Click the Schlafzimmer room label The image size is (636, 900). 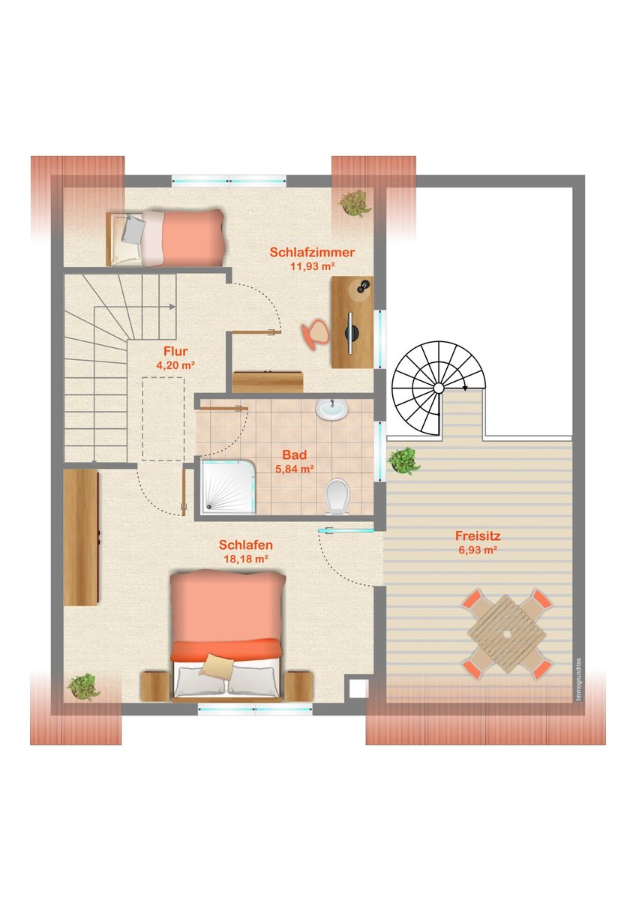pyautogui.click(x=312, y=252)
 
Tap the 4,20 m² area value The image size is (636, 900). pyautogui.click(x=175, y=365)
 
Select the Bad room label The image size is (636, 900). pyautogui.click(x=295, y=454)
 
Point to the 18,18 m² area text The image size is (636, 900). pyautogui.click(x=245, y=559)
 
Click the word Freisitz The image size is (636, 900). pyautogui.click(x=478, y=535)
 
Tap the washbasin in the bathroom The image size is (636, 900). pyautogui.click(x=331, y=409)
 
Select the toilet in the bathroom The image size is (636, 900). pyautogui.click(x=337, y=496)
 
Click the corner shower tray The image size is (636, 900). pyautogui.click(x=228, y=487)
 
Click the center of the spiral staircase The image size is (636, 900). pyautogui.click(x=438, y=388)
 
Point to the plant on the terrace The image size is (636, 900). pyautogui.click(x=403, y=460)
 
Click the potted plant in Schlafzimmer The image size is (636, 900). pyautogui.click(x=355, y=204)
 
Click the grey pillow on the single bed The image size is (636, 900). pyautogui.click(x=132, y=228)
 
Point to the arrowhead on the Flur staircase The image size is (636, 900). pyautogui.click(x=172, y=307)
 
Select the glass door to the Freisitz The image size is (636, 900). pyautogui.click(x=346, y=530)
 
